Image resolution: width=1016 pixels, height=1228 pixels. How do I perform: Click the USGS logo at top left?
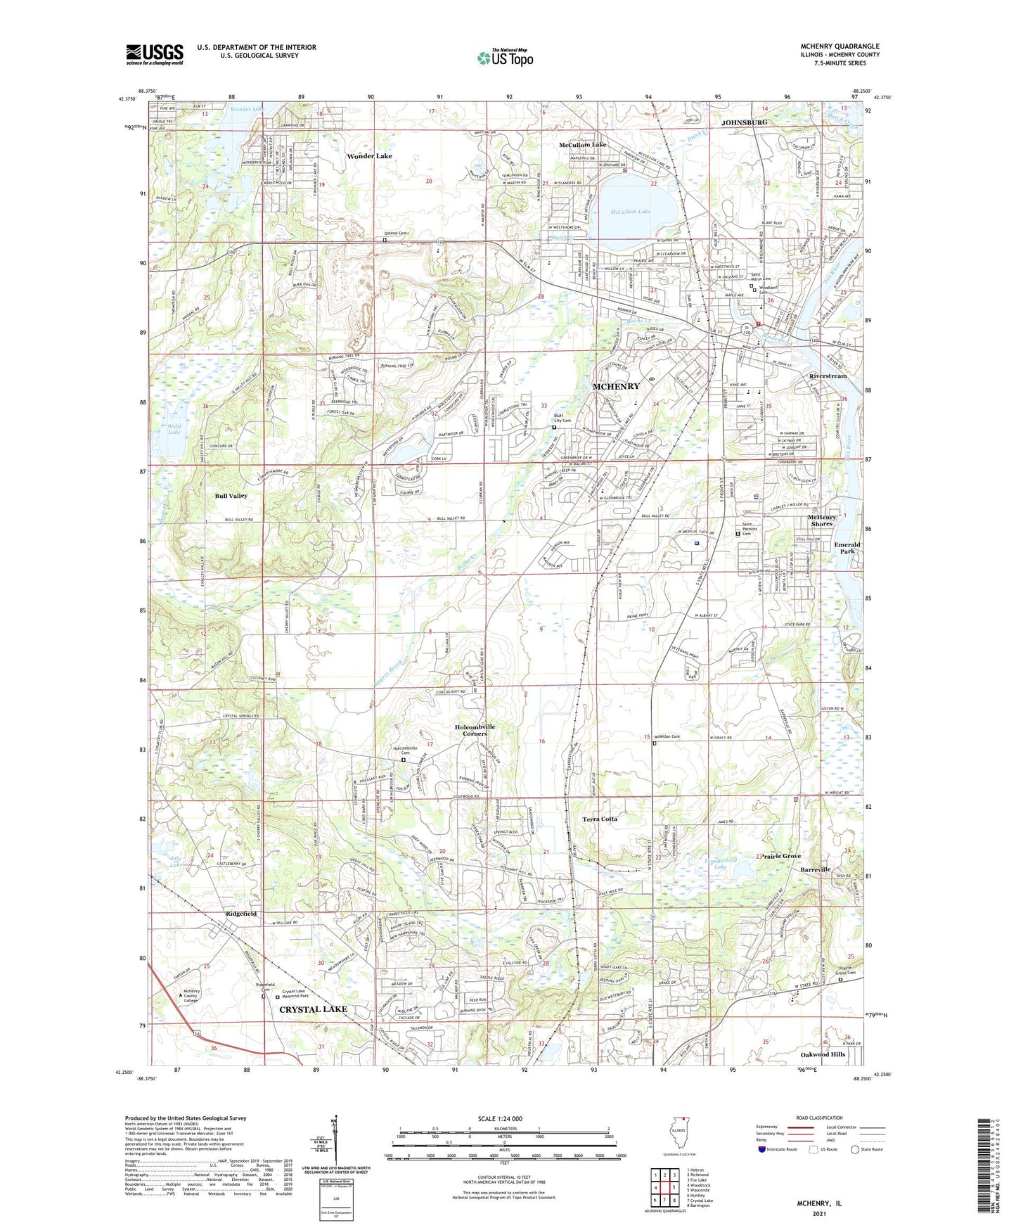154,53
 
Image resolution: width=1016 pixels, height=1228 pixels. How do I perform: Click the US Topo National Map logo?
506,57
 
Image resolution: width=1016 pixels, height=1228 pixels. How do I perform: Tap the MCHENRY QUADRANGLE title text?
840,46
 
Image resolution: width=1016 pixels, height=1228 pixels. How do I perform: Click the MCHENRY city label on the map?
616,386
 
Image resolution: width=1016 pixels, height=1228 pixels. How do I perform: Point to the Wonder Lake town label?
368,156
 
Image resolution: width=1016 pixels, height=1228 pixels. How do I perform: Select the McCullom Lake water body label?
630,212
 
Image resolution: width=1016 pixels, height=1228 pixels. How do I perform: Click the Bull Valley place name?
231,496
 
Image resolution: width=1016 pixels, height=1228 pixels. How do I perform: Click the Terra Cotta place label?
600,819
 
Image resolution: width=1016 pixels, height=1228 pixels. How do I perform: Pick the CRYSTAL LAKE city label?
314,1009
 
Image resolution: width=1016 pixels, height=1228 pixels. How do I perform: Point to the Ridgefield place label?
241,914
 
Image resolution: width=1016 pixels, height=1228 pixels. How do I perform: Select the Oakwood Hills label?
823,1054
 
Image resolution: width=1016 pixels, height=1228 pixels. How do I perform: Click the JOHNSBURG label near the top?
744,122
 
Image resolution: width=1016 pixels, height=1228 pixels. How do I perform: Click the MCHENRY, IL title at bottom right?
818,1203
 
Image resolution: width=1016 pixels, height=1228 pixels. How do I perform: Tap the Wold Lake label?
174,429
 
